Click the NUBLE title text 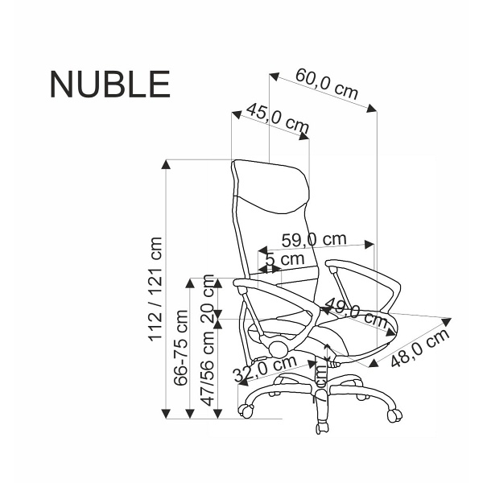tap(109, 84)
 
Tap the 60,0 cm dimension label tap(326, 84)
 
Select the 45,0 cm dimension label tap(277, 118)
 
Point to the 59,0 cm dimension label tap(314, 240)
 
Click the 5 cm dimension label tap(284, 259)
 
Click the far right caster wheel tap(395, 414)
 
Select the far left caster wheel tap(246, 411)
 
